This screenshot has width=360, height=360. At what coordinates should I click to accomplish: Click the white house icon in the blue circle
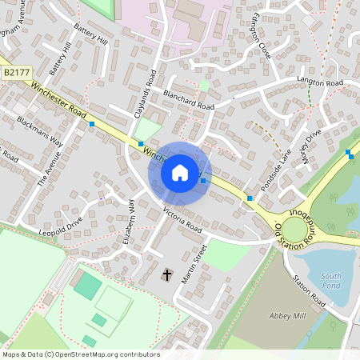[180, 173]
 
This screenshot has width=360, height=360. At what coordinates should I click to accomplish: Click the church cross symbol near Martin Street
[167, 275]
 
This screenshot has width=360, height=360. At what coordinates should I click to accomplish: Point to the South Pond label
[331, 281]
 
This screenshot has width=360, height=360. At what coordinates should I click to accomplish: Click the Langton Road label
[320, 83]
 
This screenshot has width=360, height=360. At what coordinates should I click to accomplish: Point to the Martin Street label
[194, 261]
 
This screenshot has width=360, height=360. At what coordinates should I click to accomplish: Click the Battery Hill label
[90, 38]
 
